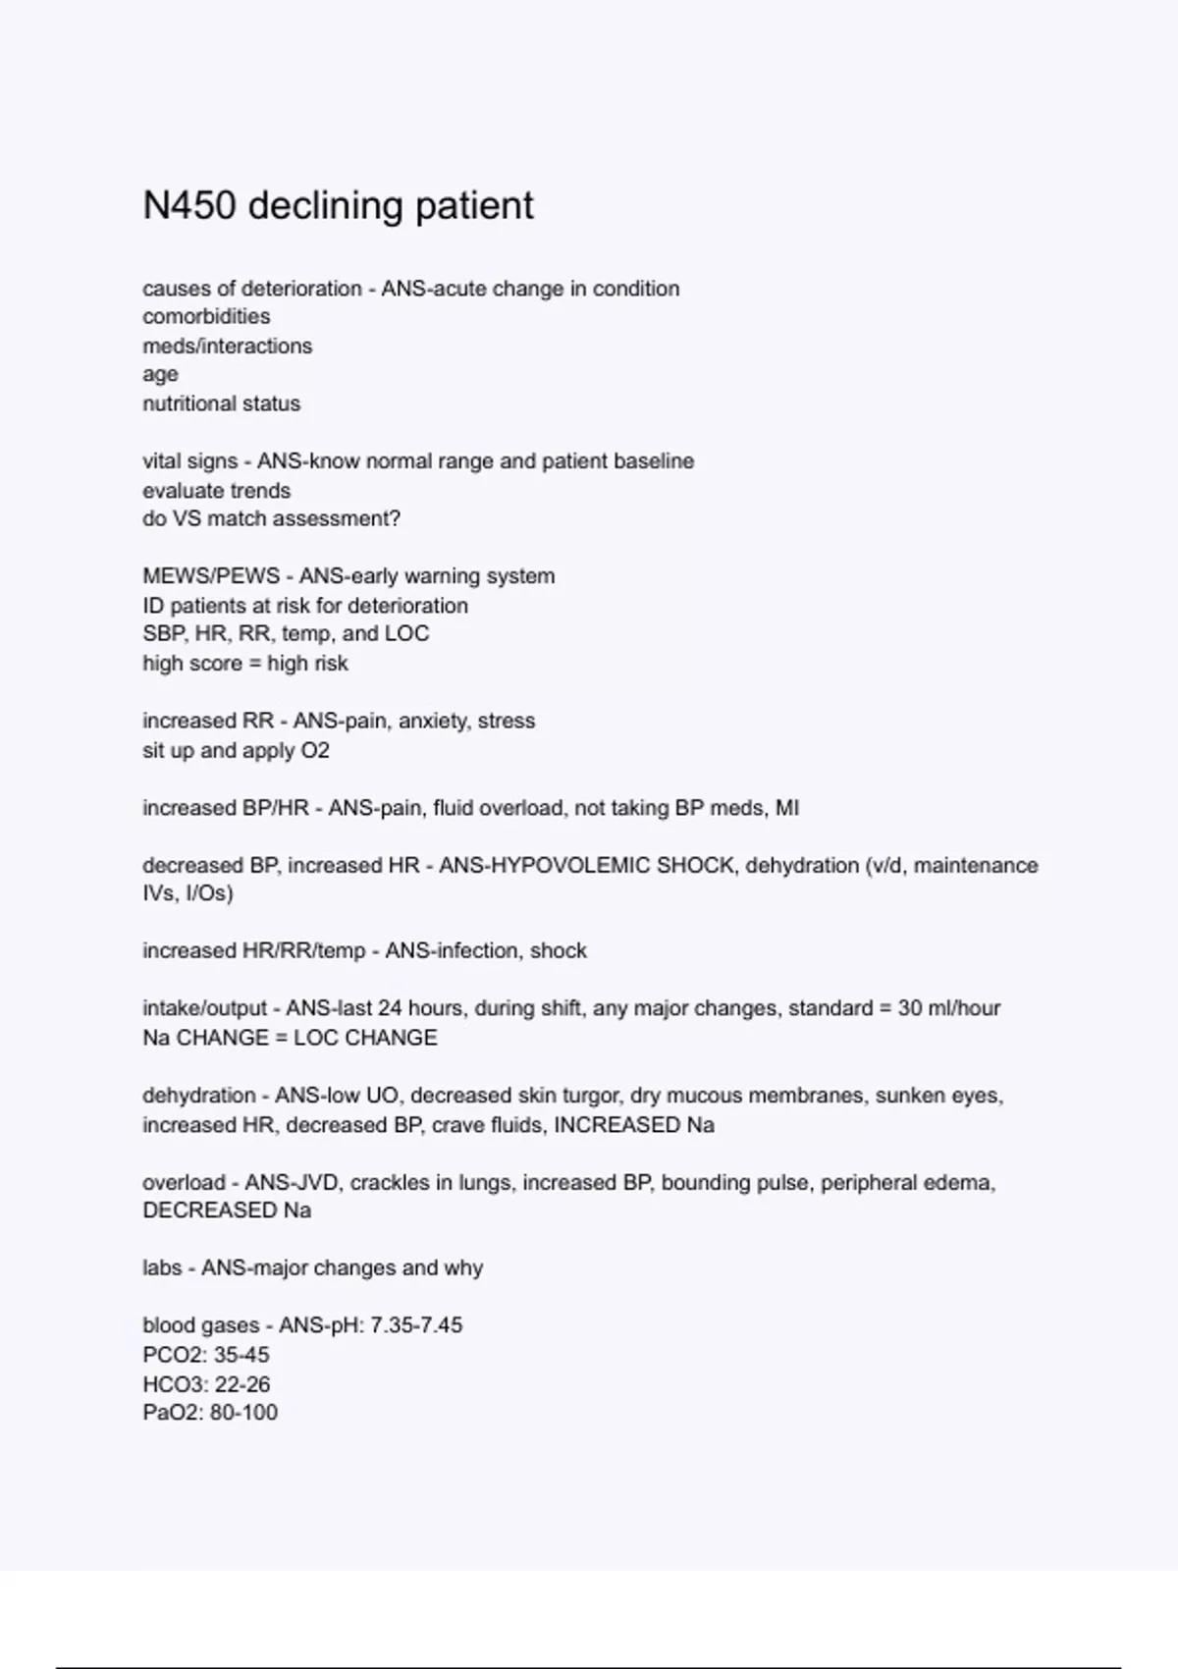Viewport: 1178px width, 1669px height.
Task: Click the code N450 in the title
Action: tap(189, 206)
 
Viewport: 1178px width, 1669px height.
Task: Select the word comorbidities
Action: tap(206, 317)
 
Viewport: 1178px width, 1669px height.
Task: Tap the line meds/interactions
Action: tap(227, 346)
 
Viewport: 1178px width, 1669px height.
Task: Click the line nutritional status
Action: tap(221, 404)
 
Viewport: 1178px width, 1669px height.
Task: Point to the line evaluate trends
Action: tap(216, 490)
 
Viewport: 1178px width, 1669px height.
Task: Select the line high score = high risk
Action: tap(244, 664)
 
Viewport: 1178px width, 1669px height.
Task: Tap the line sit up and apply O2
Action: tap(236, 750)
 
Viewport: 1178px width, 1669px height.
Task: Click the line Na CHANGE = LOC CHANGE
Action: tap(290, 1038)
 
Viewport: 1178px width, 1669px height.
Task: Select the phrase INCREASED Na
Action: tap(634, 1125)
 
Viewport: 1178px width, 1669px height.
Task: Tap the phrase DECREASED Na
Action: tap(227, 1211)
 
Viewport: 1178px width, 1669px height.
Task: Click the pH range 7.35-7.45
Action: tap(416, 1325)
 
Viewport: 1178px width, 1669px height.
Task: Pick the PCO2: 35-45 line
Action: tap(205, 1355)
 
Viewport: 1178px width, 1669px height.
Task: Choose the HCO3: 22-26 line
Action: tap(206, 1384)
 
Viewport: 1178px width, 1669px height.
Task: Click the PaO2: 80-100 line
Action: tap(210, 1413)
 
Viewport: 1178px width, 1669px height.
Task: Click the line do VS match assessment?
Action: tap(271, 518)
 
